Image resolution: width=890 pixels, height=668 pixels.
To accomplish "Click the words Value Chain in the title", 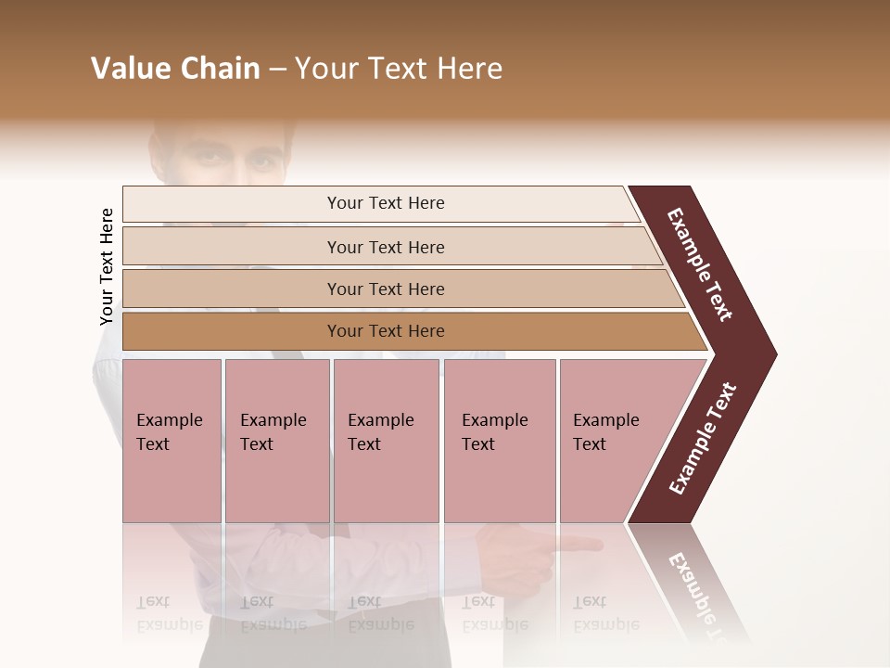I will pos(175,69).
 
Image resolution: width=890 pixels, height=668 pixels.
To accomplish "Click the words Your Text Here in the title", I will pos(399,69).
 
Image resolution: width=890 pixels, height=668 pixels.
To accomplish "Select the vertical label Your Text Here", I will pos(107,267).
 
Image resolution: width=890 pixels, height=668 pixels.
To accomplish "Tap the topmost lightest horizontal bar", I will pos(232,204).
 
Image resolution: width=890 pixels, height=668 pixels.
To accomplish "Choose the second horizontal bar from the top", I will pos(232,247).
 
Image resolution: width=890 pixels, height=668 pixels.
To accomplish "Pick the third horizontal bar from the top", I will pos(232,289).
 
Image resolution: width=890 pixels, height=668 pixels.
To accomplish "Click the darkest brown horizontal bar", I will pos(232,331).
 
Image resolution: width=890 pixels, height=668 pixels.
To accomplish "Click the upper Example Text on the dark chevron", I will pos(700,264).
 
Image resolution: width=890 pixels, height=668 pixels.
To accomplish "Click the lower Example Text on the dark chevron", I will pos(703,438).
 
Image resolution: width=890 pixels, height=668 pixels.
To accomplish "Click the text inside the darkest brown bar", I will pos(386,331).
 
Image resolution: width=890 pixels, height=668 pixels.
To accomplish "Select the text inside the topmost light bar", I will pos(386,203).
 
